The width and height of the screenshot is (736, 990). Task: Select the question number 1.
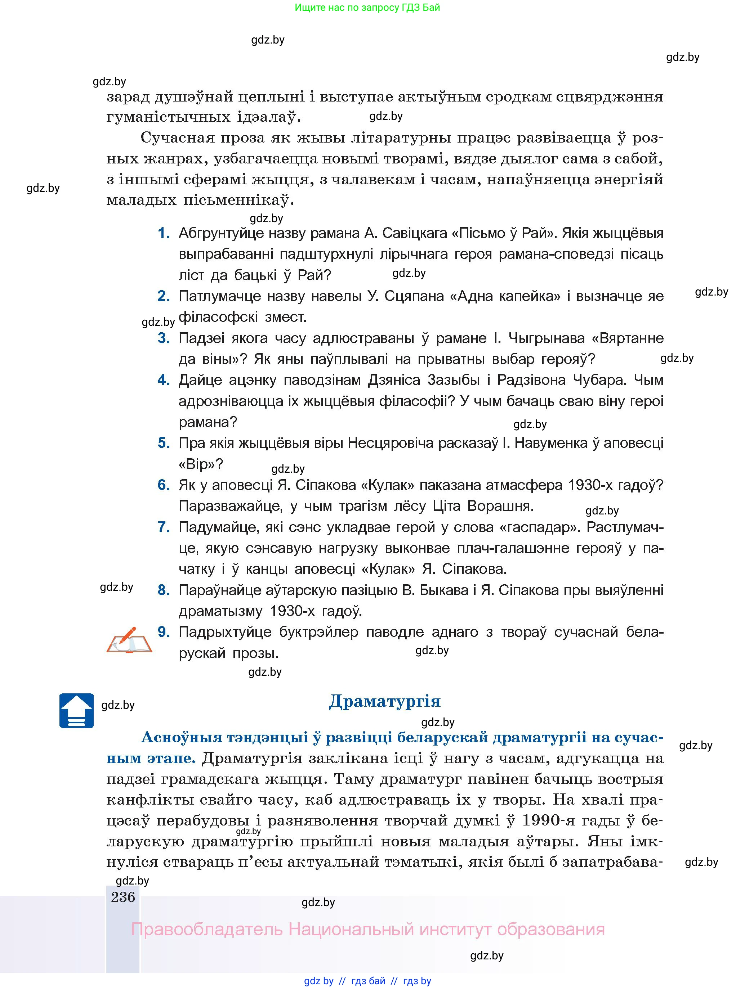point(164,233)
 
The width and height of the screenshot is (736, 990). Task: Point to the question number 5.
point(164,443)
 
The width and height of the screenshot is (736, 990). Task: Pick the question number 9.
point(164,632)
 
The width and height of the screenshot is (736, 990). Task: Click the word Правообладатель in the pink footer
point(207,930)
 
